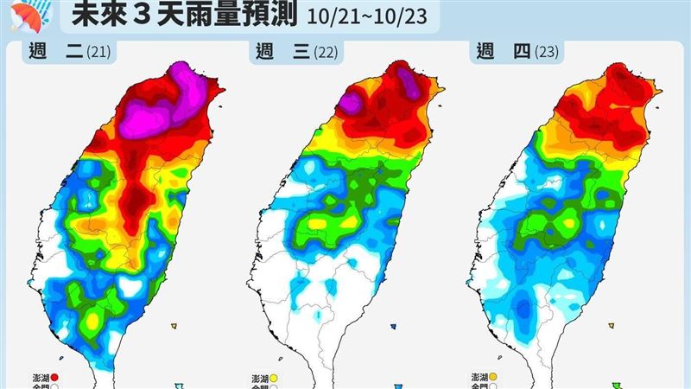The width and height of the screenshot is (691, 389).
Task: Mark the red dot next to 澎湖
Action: coord(54,377)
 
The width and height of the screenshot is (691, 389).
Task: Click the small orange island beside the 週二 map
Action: coord(174,325)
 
